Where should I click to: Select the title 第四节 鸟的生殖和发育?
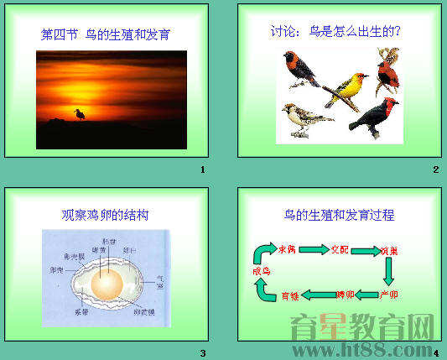click(111, 35)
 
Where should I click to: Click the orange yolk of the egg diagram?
click(107, 288)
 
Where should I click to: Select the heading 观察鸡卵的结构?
click(106, 215)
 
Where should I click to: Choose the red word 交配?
click(338, 249)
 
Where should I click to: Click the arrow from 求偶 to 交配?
click(313, 249)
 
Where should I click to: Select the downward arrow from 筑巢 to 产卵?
click(389, 271)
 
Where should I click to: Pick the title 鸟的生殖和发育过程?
click(339, 216)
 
